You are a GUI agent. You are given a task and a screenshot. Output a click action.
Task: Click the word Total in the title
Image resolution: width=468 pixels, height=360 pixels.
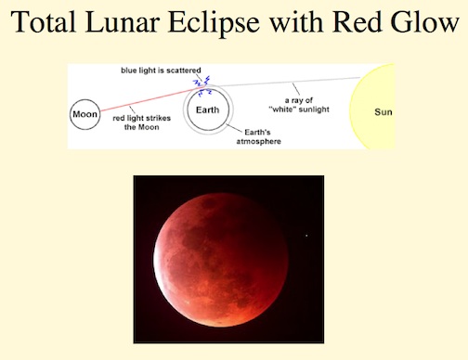44,22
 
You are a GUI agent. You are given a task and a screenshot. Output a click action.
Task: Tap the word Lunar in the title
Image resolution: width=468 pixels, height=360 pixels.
123,22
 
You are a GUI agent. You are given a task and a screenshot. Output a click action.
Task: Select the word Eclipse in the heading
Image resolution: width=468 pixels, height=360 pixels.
214,23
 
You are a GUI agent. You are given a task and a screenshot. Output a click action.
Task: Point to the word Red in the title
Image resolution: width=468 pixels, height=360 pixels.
357,22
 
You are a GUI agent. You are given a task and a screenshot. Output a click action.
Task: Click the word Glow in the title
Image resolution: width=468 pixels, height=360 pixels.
424,22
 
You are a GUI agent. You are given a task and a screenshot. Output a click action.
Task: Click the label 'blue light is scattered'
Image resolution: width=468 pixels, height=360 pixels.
161,71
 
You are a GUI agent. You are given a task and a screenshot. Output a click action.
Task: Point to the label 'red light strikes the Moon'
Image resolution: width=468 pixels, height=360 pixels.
141,122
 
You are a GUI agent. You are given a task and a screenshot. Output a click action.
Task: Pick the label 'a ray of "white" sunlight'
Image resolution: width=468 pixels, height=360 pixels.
299,105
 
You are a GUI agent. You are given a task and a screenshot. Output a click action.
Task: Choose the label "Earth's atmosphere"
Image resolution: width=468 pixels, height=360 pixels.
258,136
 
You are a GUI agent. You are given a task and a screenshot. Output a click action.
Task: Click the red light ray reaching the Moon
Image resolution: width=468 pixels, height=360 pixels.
151,99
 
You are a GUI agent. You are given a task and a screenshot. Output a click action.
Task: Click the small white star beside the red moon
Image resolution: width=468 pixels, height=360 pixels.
306,236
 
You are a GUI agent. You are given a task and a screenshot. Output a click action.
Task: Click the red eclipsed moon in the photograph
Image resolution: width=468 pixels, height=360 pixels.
221,260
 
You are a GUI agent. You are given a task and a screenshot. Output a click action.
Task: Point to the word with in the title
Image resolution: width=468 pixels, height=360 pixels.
295,22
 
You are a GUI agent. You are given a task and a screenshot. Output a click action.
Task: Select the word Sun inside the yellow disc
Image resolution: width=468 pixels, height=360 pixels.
383,111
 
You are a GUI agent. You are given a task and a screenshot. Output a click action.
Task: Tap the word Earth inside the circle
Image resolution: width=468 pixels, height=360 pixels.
207,109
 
